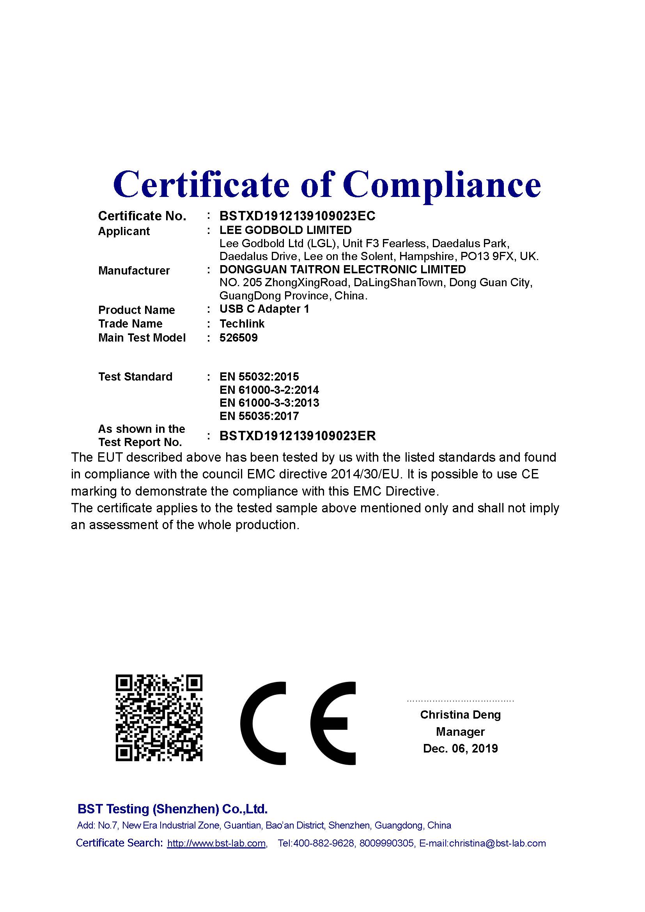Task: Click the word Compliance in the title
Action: pos(442,185)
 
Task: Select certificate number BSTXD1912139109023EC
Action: pos(297,216)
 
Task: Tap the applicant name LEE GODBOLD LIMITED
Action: pos(285,230)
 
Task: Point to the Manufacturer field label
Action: pos(134,271)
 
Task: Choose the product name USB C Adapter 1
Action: pos(264,309)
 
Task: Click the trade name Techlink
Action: pos(242,324)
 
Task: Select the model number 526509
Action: pos(238,338)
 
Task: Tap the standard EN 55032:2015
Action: pos(259,377)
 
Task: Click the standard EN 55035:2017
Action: pos(259,416)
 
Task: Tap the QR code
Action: pos(159,718)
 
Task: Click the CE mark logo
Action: pos(298,718)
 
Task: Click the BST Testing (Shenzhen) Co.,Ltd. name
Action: pos(172,809)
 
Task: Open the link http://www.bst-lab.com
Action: pos(216,843)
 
